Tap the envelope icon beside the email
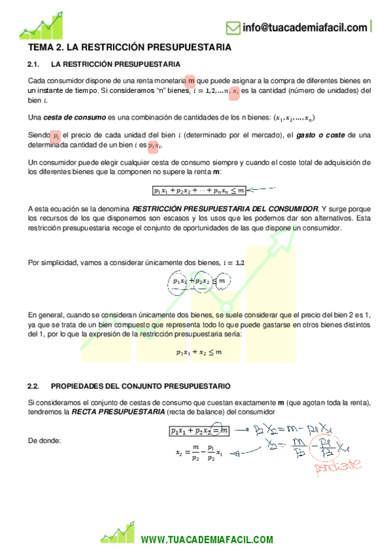233,28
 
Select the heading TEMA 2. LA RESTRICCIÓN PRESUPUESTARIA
130,48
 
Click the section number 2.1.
34,64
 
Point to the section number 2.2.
34,385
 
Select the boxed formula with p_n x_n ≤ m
199,190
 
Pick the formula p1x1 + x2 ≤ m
199,352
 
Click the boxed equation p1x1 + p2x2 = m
199,430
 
